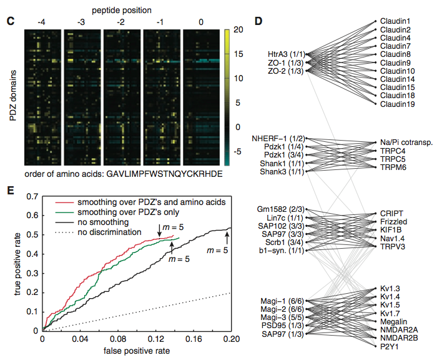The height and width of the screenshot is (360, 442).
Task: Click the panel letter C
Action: coord(10,21)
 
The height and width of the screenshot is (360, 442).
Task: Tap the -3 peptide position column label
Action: coord(81,22)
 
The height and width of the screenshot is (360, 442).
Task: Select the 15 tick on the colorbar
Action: coord(238,54)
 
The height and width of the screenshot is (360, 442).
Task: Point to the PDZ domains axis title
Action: coord(13,96)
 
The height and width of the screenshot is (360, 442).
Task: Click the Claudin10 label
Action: coord(398,71)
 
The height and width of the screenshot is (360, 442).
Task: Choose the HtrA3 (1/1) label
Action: coord(285,54)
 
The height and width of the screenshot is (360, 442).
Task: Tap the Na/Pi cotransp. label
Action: coord(406,142)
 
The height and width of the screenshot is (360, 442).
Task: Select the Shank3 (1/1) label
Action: coord(282,171)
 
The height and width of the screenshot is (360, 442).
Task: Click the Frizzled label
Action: coord(393,222)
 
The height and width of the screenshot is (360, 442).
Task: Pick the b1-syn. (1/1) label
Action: coord(282,250)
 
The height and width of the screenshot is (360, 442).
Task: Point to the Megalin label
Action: coord(393,322)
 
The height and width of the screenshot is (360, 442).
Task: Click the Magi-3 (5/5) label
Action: coord(282,317)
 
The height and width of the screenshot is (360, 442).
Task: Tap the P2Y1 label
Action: coord(390,346)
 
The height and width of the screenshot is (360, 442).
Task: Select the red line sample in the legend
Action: coord(64,202)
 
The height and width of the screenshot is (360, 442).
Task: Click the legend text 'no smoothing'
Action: coord(103,222)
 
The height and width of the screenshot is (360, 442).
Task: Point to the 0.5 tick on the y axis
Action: coord(32,235)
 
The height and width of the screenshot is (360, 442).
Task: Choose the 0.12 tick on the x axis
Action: coord(155,339)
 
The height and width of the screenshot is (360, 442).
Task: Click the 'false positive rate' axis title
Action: coord(137,351)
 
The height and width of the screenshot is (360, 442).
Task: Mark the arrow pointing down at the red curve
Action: coord(160,231)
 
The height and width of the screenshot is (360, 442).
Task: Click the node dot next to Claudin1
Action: coord(375,21)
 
